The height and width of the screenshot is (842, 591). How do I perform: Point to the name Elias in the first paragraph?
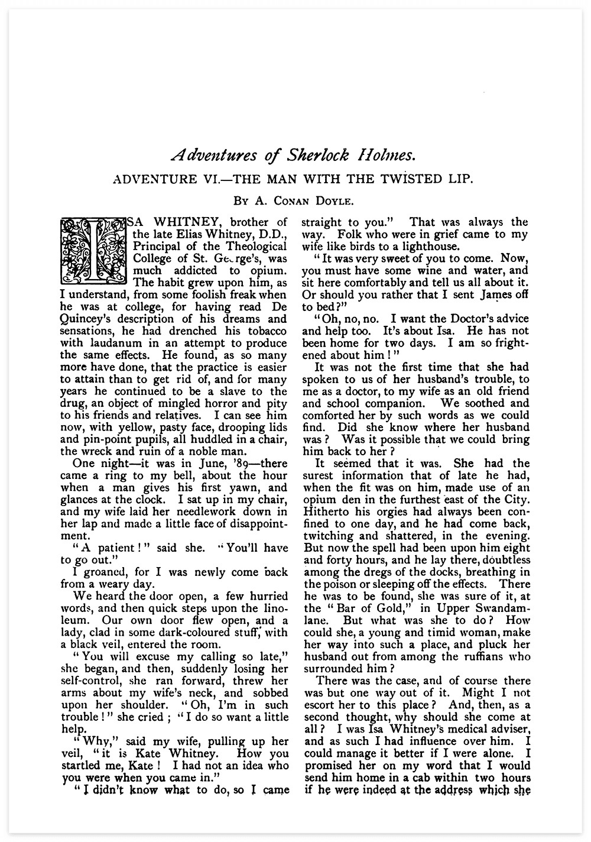click(x=190, y=234)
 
